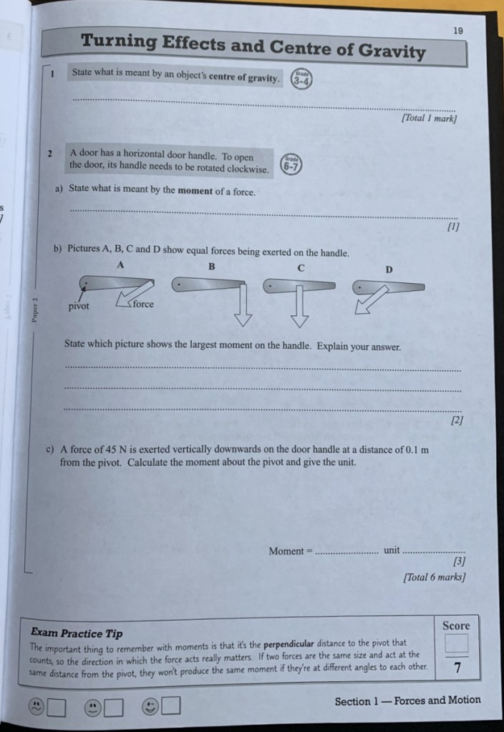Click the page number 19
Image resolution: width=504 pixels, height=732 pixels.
(x=459, y=30)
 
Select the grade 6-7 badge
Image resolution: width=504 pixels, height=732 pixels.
(x=291, y=164)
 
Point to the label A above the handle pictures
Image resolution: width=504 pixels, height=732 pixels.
(x=120, y=263)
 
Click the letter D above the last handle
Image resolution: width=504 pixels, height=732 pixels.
(x=389, y=270)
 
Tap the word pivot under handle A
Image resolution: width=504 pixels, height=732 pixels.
(x=79, y=307)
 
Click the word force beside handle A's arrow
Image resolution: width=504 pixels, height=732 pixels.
(x=142, y=303)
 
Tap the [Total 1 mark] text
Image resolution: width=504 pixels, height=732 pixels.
(x=429, y=119)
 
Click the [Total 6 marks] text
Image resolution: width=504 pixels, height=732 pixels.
(x=435, y=577)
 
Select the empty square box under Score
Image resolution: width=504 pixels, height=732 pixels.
(x=455, y=644)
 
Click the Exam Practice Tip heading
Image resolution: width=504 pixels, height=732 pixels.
(x=77, y=633)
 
